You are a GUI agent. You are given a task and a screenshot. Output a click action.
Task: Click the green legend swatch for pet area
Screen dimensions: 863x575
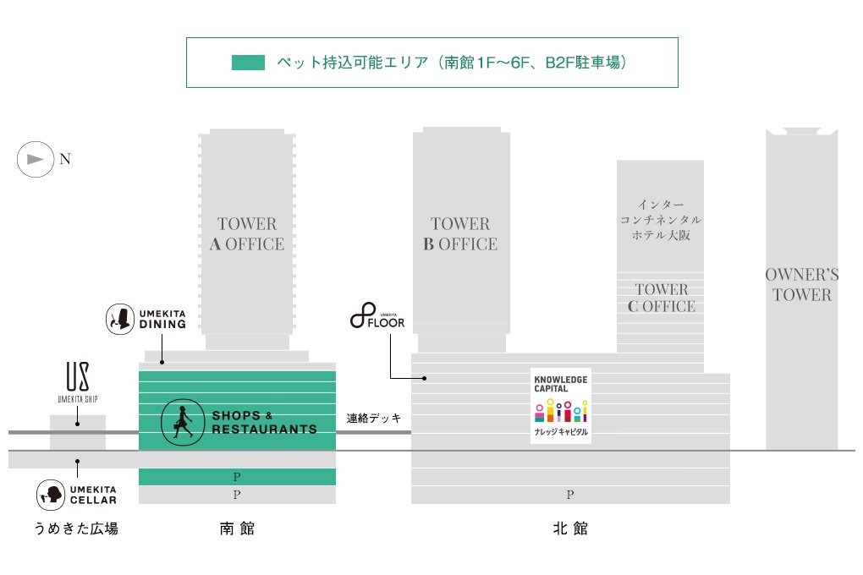248,63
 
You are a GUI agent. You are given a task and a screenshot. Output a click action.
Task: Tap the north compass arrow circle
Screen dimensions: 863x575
36,159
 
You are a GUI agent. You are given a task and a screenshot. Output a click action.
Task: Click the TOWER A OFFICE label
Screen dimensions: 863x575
246,233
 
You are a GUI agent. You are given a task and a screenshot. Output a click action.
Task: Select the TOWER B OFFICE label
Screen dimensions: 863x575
460,233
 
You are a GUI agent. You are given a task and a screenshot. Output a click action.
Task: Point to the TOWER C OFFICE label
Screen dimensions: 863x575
661,298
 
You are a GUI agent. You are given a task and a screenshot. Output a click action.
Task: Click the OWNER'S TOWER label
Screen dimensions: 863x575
802,284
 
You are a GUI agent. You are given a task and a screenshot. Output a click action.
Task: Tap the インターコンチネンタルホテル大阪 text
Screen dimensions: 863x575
661,220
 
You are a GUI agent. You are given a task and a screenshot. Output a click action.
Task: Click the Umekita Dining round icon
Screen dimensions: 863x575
120,319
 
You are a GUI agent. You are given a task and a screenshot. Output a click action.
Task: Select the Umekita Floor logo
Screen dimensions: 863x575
377,316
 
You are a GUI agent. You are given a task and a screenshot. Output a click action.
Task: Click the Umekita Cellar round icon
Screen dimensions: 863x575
51,495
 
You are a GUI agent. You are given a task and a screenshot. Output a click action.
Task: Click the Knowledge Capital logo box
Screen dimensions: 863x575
561,406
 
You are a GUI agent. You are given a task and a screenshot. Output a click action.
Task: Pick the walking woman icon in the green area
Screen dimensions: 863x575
183,423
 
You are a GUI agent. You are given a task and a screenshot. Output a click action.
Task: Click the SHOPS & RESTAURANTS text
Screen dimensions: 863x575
264,423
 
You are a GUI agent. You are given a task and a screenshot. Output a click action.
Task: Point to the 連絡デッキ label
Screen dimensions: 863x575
374,419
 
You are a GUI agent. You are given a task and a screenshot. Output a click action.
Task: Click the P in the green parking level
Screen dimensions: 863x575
237,477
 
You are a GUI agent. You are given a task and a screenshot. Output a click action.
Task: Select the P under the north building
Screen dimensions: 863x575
570,495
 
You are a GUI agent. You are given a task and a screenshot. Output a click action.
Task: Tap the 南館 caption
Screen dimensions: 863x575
237,528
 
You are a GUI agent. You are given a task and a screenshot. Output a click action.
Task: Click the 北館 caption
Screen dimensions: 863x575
570,528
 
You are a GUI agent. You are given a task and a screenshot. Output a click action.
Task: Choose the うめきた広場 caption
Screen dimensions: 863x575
76,528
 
